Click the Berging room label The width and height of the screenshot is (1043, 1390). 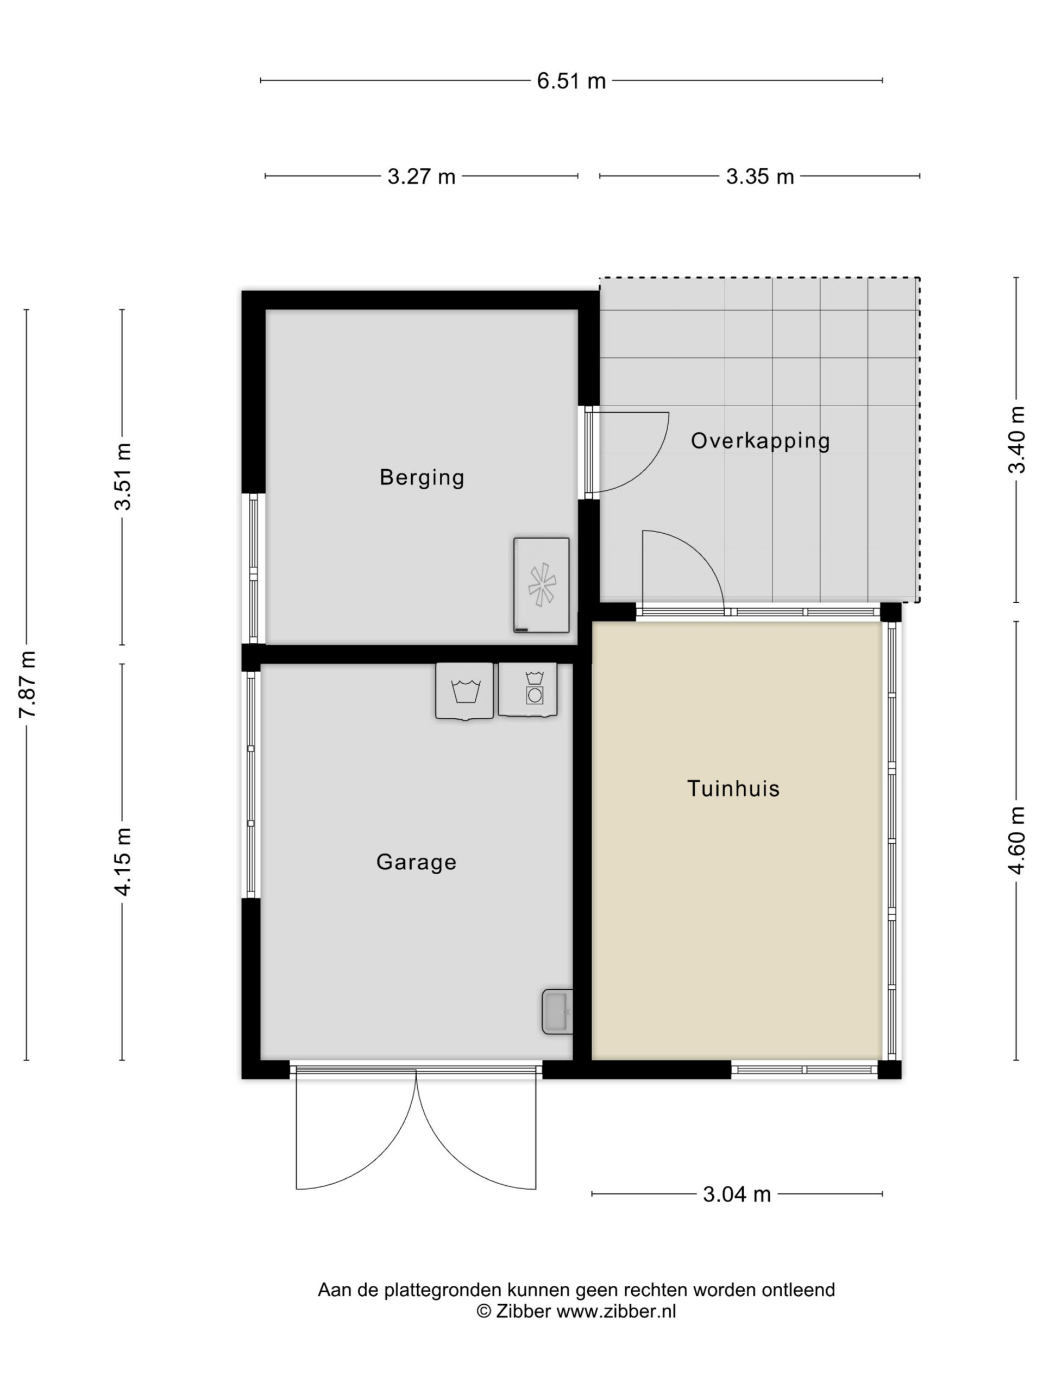[422, 478]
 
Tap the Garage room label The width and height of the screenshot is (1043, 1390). [416, 862]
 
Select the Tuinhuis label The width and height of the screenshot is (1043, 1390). [733, 788]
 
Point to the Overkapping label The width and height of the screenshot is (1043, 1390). [760, 441]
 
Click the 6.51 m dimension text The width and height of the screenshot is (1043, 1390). [571, 81]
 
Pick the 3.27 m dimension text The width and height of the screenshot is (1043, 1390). [421, 176]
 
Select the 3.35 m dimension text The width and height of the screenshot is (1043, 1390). [759, 176]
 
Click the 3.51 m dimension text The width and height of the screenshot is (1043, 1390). [123, 477]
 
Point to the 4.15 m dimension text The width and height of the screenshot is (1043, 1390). [123, 862]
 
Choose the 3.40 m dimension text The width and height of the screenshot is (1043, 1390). [1016, 439]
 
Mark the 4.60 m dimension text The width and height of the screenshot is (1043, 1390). [1016, 840]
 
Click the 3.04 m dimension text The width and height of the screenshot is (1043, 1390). [736, 1194]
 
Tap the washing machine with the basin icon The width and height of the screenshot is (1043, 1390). [464, 691]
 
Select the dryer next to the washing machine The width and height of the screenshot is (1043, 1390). [527, 690]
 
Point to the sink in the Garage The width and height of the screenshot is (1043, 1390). [557, 1012]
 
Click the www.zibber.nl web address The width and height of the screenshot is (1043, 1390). [616, 1311]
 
